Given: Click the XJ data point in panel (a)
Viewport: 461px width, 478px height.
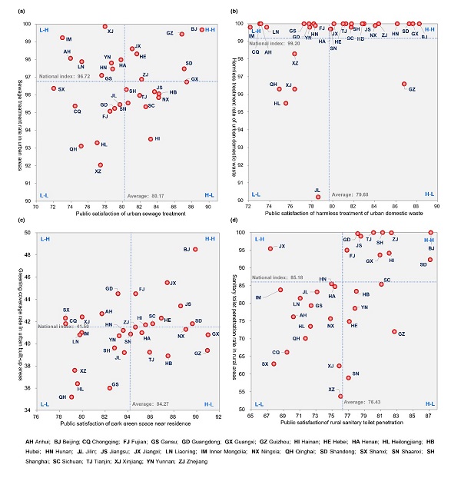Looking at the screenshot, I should (x=105, y=27).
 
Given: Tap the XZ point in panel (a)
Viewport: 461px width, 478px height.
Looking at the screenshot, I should (x=101, y=165).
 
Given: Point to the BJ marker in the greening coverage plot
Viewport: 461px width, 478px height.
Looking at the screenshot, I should (x=196, y=249).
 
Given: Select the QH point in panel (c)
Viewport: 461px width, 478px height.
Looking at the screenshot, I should (x=72, y=397).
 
